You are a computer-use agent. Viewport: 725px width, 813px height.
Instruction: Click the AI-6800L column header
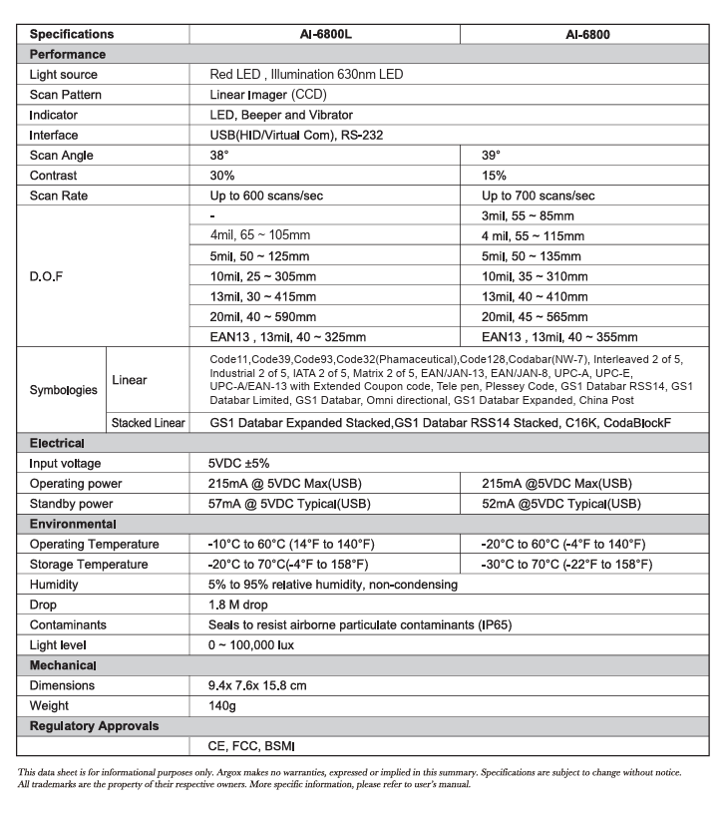[x=325, y=34]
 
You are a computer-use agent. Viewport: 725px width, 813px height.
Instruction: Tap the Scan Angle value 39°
[x=492, y=156]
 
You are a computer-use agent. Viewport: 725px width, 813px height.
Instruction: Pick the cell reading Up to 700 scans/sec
[x=539, y=196]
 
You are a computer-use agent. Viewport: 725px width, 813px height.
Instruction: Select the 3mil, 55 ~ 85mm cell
[x=528, y=215]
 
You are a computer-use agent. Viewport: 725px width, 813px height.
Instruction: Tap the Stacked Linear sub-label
[x=148, y=423]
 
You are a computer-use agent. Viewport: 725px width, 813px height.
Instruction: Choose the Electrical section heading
[x=57, y=443]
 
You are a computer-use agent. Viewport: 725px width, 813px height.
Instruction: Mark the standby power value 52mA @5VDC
[x=561, y=504]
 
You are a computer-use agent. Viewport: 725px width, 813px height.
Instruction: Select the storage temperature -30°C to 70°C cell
[x=566, y=565]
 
